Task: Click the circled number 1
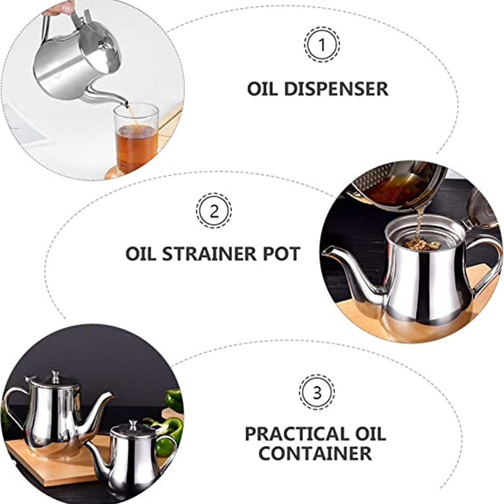pyautogui.click(x=321, y=45)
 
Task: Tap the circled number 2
pyautogui.click(x=214, y=210)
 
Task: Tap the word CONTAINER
pyautogui.click(x=315, y=453)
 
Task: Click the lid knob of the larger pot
pyautogui.click(x=55, y=376)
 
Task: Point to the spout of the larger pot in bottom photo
pyautogui.click(x=101, y=409)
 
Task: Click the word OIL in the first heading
pyautogui.click(x=262, y=89)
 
